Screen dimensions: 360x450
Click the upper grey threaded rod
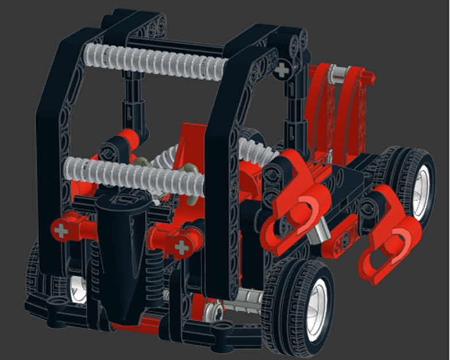tap(155, 60)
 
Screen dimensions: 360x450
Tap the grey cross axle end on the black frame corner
tap(282, 70)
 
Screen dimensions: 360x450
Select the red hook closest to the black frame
tap(290, 212)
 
